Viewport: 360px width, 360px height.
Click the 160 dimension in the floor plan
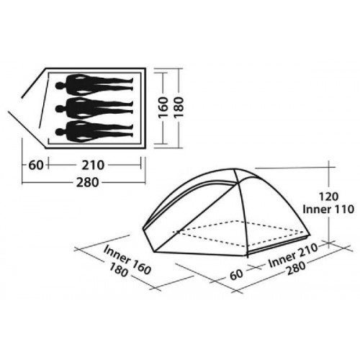(x=163, y=107)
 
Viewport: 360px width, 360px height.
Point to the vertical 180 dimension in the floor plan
(x=179, y=107)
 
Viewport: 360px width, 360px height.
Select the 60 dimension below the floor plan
(x=36, y=165)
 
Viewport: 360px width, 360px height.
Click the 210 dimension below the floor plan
(x=93, y=165)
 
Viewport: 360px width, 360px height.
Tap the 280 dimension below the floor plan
(x=88, y=182)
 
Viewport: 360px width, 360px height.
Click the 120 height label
(x=328, y=197)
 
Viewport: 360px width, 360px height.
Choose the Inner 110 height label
(x=328, y=210)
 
